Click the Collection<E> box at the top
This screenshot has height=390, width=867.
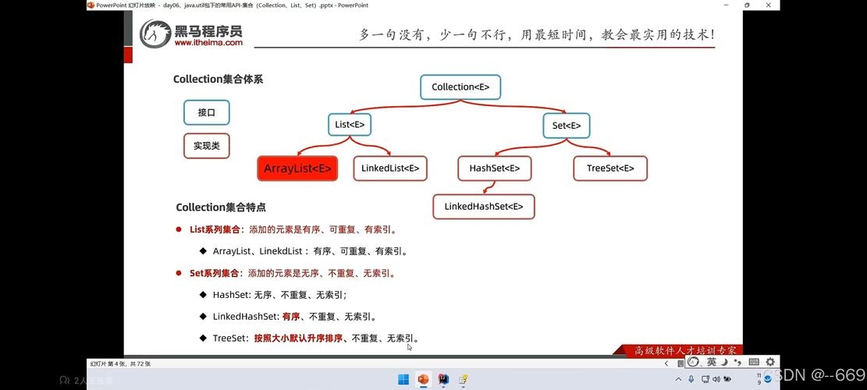(460, 87)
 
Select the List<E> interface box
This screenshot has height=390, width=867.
(350, 125)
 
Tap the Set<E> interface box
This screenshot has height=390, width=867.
(566, 125)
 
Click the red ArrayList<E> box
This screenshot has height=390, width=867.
(297, 168)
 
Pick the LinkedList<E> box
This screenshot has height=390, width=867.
(390, 168)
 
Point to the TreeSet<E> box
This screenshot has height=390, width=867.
(610, 168)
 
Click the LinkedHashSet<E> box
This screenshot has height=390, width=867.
(484, 207)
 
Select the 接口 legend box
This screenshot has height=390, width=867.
(207, 112)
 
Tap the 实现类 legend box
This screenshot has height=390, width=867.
(207, 146)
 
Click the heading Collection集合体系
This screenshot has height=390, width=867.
(218, 80)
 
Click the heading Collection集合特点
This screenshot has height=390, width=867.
(221, 207)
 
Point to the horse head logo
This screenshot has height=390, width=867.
(156, 34)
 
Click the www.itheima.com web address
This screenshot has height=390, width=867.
(208, 43)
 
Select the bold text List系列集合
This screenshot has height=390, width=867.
(215, 230)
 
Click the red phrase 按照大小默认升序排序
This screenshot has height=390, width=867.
(298, 339)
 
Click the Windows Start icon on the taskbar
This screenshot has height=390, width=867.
(403, 380)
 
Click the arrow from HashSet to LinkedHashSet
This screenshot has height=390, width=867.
(489, 187)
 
